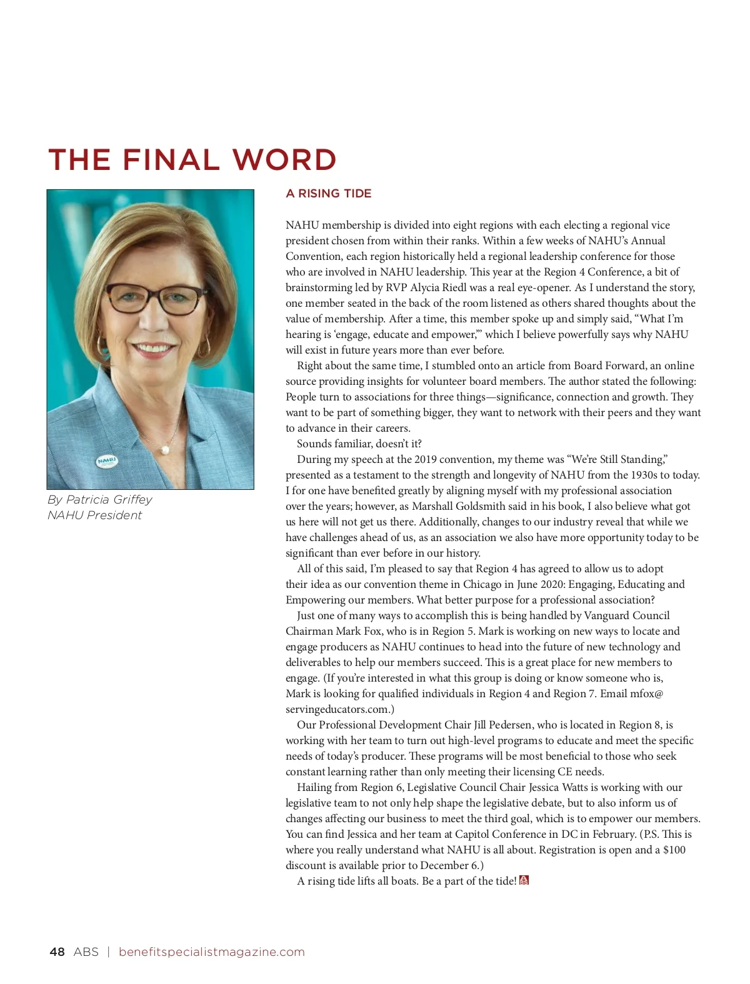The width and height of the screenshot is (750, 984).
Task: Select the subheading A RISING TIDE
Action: click(x=328, y=194)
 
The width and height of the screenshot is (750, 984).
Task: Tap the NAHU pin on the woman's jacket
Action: click(x=107, y=462)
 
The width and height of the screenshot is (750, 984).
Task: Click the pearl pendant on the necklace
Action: click(x=166, y=449)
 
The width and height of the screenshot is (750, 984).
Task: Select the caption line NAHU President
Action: click(x=94, y=515)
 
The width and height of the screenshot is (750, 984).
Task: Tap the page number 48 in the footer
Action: click(x=57, y=952)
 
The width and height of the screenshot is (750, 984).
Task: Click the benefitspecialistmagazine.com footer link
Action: click(x=211, y=952)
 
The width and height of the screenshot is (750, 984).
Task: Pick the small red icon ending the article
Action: click(x=524, y=880)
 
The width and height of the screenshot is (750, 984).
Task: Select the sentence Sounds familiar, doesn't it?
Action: click(x=359, y=444)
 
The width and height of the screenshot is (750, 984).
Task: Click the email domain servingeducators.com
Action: click(x=337, y=709)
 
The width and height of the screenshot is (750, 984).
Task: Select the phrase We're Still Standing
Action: click(x=616, y=459)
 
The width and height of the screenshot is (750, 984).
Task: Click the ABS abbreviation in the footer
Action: click(x=86, y=952)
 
